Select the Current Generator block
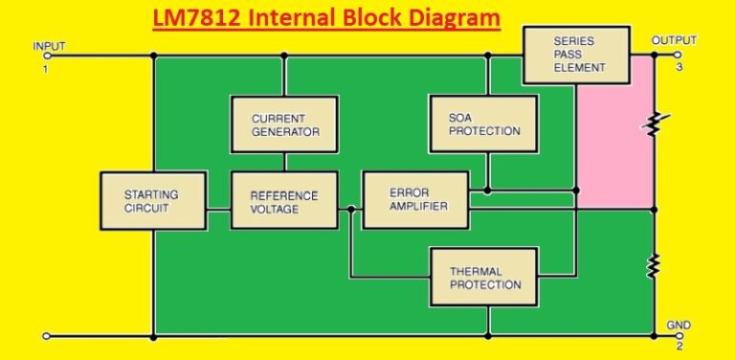[x=284, y=124]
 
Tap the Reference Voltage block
[x=284, y=201]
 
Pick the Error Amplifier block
[x=416, y=200]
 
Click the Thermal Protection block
[x=485, y=278]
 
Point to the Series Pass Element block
[x=579, y=55]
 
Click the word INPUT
[x=50, y=46]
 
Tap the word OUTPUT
[x=674, y=40]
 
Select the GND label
[x=678, y=326]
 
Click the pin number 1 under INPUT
[x=44, y=67]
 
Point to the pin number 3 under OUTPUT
[x=679, y=67]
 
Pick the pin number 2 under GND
[x=679, y=345]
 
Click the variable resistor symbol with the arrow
[x=655, y=124]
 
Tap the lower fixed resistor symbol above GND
[x=655, y=265]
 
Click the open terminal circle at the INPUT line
[x=46, y=56]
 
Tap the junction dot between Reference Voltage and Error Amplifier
[x=350, y=208]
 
